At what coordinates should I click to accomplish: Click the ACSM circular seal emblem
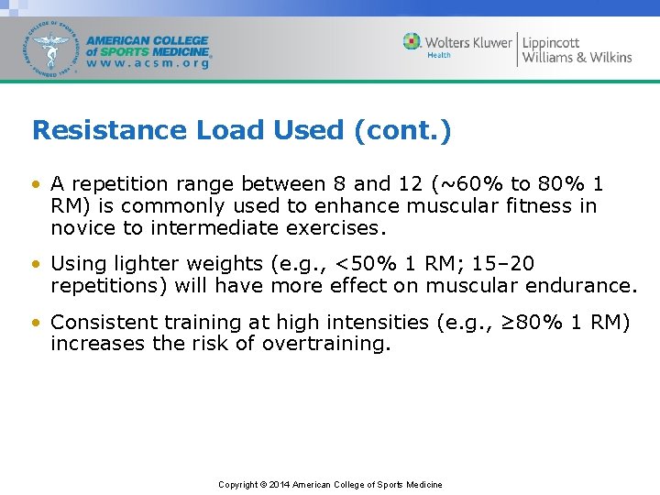tap(51, 48)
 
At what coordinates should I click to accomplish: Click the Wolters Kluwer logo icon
tap(412, 42)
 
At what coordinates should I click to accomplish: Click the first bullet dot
tap(36, 183)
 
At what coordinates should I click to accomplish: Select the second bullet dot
tap(36, 264)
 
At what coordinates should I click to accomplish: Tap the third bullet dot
tap(36, 323)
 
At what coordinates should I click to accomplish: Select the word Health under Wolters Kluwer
tap(439, 55)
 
